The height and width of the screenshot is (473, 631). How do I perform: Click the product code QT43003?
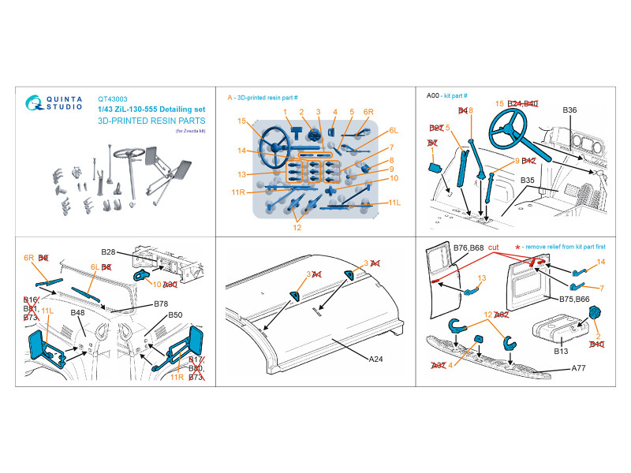tap(111, 99)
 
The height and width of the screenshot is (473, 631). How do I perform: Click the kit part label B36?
tap(571, 110)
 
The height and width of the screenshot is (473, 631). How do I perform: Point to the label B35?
tap(528, 181)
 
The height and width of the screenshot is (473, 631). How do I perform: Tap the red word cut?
tap(494, 248)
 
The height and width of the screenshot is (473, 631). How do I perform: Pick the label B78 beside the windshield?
tap(162, 303)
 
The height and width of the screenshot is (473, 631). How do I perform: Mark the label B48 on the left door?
tap(77, 313)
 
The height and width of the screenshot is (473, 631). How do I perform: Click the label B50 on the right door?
tap(175, 315)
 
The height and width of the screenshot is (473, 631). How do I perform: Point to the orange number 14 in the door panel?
tap(601, 261)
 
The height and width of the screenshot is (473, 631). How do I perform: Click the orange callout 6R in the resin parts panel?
tap(368, 112)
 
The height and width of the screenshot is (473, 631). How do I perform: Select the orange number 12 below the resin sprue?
tap(297, 229)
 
